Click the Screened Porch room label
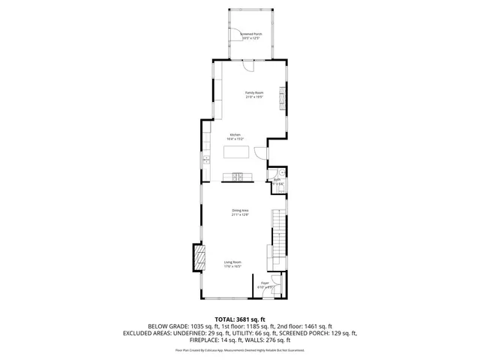pos(250,35)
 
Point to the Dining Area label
pos(239,212)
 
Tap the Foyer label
pos(265,284)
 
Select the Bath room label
pos(277,181)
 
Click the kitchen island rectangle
pos(236,153)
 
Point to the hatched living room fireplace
pos(199,259)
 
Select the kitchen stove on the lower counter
pos(238,177)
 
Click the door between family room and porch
pos(249,64)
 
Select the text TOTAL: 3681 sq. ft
pos(240,319)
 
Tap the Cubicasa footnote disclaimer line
pos(240,349)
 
